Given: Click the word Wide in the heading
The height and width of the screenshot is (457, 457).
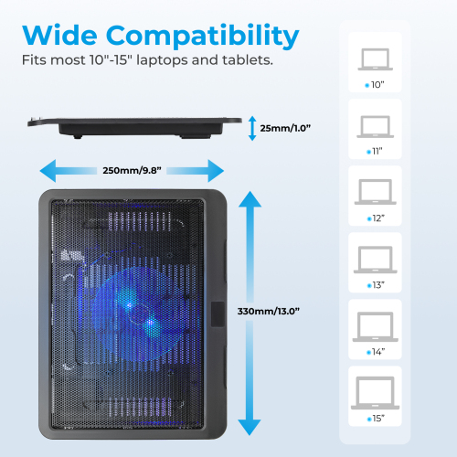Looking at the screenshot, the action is click(59, 35).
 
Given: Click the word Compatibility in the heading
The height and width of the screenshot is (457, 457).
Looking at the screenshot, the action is click(203, 37).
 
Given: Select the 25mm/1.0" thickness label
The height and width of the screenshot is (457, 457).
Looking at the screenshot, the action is click(285, 128).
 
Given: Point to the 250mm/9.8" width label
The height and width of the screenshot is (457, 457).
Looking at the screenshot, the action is click(132, 170).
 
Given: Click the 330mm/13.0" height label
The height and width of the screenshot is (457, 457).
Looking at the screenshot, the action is click(269, 311).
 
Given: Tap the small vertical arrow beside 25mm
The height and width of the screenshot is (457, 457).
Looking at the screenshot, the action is click(252, 128).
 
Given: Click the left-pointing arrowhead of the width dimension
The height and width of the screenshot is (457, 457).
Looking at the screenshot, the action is click(48, 171).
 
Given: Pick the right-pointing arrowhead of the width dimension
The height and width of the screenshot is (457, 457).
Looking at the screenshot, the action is click(216, 171).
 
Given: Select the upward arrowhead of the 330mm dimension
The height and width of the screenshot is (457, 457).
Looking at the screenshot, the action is click(250, 199).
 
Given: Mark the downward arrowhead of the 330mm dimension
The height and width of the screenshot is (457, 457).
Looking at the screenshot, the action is click(250, 428).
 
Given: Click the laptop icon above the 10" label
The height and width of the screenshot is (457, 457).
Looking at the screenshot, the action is click(376, 59).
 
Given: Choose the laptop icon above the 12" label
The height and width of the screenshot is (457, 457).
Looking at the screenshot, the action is click(376, 192).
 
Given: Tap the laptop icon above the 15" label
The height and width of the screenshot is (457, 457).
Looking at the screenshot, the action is click(375, 393).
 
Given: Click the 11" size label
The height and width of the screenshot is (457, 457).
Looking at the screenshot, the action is click(375, 151).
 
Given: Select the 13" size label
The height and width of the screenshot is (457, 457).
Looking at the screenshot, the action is click(376, 285).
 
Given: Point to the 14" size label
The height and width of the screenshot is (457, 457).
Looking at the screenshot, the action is click(376, 352).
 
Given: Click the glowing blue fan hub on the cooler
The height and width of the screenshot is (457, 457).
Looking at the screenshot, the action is click(140, 314).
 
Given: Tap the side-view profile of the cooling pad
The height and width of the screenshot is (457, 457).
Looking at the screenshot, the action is click(134, 128).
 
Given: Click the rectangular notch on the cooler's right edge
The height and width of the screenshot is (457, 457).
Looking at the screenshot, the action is click(218, 314).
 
